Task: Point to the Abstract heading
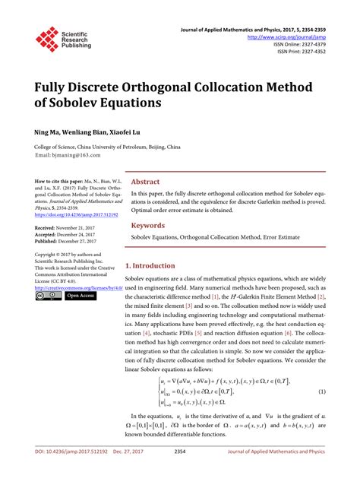(x=146, y=182)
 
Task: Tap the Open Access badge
(x=81, y=296)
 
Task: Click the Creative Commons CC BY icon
(x=48, y=296)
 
